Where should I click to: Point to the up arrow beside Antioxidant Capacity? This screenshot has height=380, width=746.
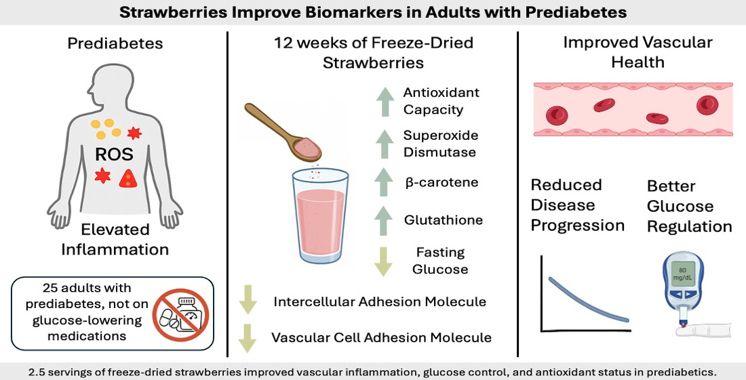382,102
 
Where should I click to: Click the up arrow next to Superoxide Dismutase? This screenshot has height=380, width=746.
382,144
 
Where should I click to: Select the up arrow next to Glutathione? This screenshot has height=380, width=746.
382,220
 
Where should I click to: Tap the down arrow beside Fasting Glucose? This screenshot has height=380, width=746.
382,261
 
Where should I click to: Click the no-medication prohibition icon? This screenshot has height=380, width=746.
180,313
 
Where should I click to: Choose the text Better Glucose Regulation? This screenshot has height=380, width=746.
689,206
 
